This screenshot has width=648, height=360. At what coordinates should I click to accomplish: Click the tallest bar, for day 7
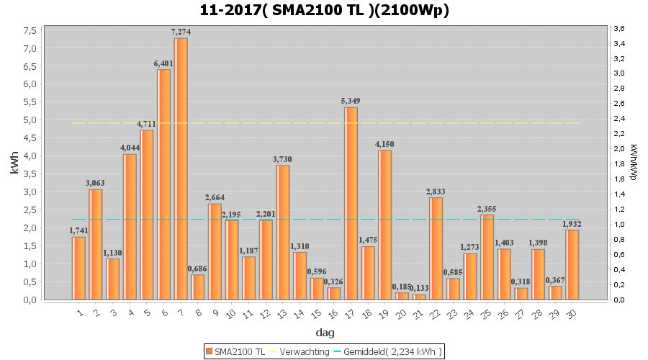tap(181, 168)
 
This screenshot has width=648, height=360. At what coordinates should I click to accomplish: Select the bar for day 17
tap(351, 203)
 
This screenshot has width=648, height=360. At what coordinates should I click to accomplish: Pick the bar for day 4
tap(130, 227)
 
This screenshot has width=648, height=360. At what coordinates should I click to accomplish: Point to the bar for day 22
tap(436, 248)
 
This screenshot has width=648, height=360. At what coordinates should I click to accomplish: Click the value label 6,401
tap(163, 63)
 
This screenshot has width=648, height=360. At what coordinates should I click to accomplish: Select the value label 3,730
tap(283, 159)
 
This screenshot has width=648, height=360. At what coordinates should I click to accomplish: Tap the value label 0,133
tap(419, 288)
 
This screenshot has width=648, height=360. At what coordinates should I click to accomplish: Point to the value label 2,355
tap(487, 209)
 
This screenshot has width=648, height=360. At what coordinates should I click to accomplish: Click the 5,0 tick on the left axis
tap(30, 120)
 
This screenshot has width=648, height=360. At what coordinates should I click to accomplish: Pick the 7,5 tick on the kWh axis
tap(30, 30)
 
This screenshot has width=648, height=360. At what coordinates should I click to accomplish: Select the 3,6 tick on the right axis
tap(619, 28)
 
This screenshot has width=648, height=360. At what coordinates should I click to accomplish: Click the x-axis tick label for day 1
tap(79, 312)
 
